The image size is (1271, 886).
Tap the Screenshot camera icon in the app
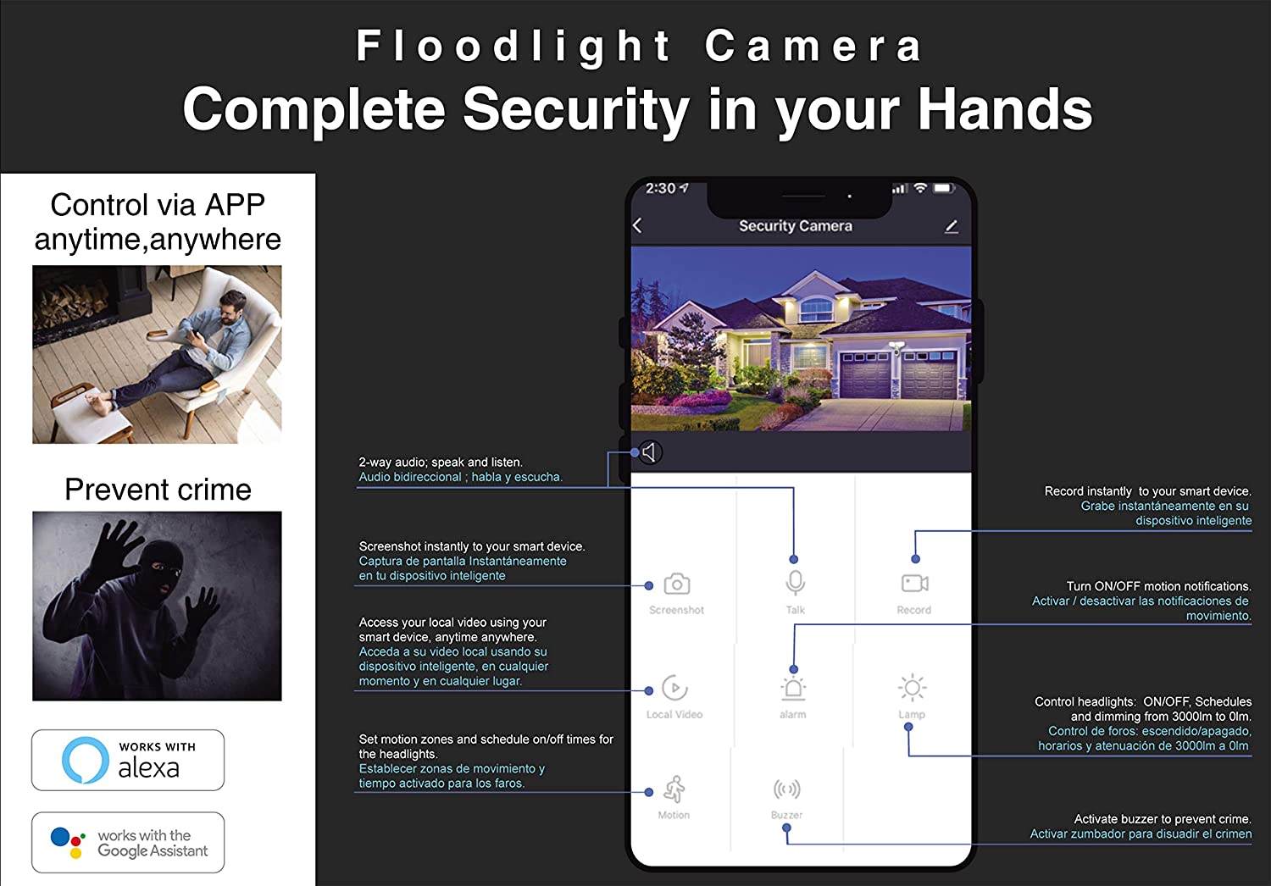(x=676, y=584)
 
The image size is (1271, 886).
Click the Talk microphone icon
(x=795, y=583)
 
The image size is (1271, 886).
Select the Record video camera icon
(x=914, y=583)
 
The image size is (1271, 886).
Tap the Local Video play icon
(x=674, y=688)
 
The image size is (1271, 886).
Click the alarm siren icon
(x=792, y=688)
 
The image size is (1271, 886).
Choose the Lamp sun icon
(x=912, y=688)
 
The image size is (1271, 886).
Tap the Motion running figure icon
(x=674, y=789)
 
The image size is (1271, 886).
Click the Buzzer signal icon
(x=787, y=789)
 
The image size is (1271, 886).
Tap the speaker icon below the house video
(x=649, y=452)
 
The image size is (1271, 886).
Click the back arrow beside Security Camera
(x=637, y=225)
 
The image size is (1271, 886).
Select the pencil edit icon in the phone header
(x=952, y=227)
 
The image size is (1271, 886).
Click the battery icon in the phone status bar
(x=944, y=188)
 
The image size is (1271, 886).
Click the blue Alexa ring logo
(x=85, y=760)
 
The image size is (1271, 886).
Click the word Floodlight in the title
(x=513, y=47)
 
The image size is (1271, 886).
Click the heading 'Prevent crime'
(x=158, y=489)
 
